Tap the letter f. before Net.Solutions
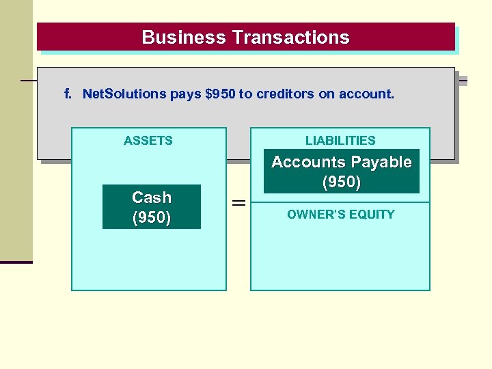(68, 94)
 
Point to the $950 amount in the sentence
(220, 94)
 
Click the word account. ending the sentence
(370, 94)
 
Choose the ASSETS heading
(148, 141)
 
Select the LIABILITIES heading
(340, 141)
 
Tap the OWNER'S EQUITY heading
(340, 215)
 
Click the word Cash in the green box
(151, 197)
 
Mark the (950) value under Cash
(151, 217)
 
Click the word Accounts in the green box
(310, 163)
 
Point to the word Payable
(381, 163)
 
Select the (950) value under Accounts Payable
(341, 183)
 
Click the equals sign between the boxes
(238, 203)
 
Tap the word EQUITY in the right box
(374, 215)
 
